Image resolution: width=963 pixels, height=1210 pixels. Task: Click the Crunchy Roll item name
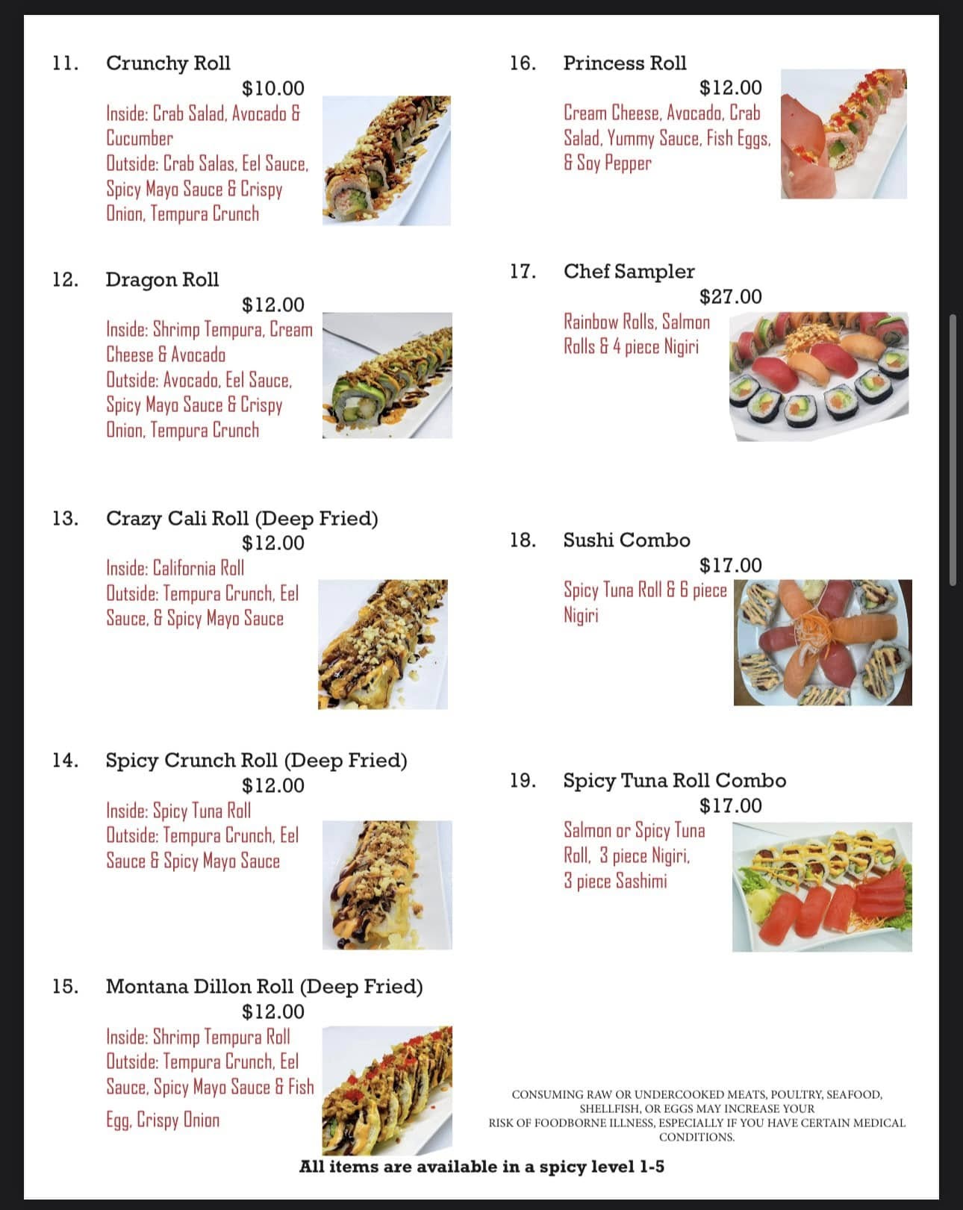(168, 63)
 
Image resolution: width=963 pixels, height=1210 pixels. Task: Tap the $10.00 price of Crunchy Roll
(272, 88)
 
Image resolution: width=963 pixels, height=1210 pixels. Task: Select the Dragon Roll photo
(387, 375)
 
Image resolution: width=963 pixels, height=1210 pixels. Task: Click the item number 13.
(65, 518)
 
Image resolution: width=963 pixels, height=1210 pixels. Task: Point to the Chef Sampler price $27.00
(730, 296)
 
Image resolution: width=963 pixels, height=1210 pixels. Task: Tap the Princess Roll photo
(844, 134)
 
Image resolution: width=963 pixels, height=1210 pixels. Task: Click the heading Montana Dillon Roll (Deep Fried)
(264, 987)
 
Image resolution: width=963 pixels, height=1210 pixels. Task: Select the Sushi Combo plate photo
(823, 643)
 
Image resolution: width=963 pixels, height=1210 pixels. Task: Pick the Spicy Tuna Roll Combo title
(674, 781)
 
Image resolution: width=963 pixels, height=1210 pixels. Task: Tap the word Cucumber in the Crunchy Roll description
(140, 138)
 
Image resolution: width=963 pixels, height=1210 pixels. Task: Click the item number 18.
(523, 540)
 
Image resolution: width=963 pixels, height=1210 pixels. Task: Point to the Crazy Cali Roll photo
(383, 644)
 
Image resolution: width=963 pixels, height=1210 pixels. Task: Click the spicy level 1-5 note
(481, 1167)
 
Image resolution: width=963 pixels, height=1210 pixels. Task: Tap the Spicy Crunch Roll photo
(387, 885)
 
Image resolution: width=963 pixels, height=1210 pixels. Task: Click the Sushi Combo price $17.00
(730, 565)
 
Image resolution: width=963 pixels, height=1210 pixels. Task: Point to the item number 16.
(523, 63)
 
